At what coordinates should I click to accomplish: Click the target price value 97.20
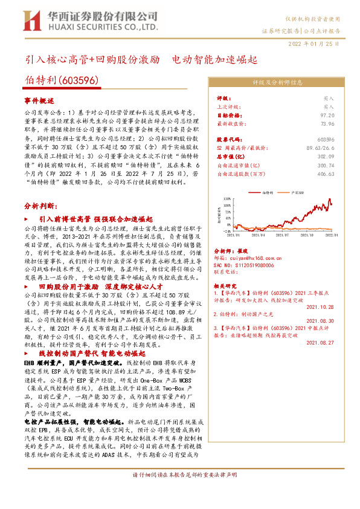coord(327,114)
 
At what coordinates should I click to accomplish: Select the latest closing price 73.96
coord(327,123)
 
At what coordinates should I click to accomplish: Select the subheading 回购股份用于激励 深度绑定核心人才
coord(95,285)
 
